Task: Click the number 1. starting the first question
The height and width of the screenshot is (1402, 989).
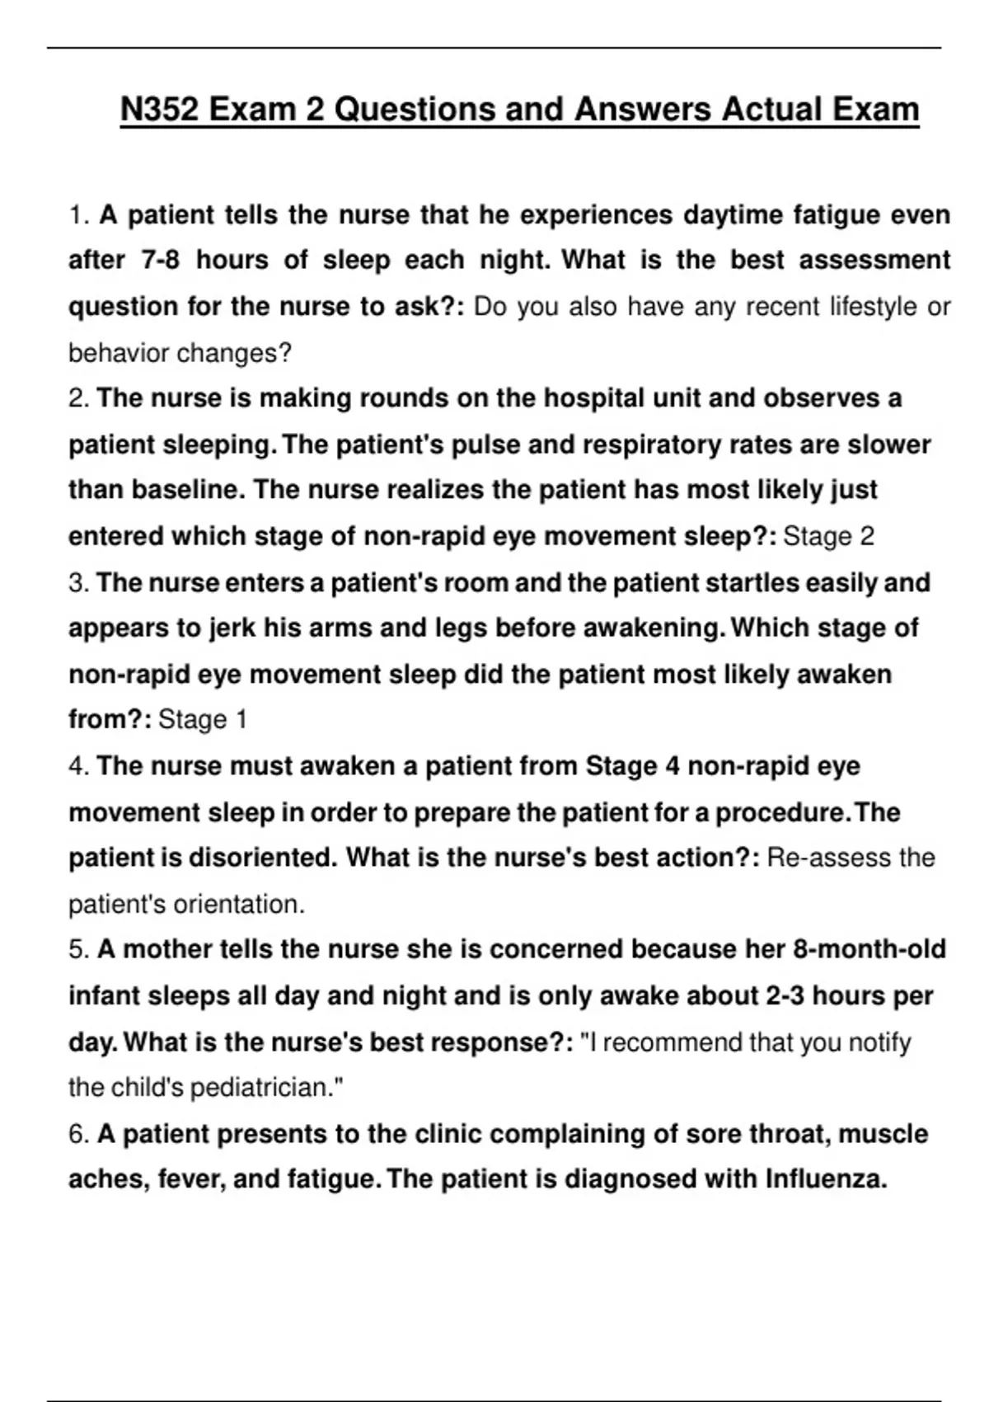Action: click(78, 215)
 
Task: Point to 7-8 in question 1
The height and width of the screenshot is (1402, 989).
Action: click(161, 261)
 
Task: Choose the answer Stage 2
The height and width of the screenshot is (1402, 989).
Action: click(828, 537)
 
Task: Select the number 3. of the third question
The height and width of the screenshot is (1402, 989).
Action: click(78, 583)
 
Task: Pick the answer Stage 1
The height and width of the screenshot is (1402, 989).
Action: click(203, 720)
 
